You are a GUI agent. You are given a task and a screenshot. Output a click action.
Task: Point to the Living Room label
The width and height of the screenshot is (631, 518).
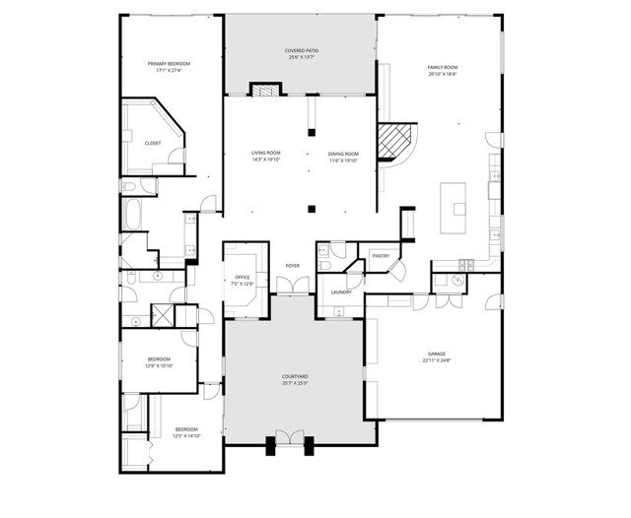266,156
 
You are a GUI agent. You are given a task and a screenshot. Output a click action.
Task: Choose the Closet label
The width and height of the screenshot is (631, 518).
153,144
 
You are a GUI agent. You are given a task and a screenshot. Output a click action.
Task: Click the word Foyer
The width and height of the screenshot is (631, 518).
293,266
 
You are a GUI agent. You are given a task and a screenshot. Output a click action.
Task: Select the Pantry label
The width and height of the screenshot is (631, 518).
381,257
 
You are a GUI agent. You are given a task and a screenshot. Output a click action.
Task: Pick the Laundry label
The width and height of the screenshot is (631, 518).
342,292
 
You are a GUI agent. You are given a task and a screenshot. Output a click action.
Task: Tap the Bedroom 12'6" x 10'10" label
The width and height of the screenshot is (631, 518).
160,361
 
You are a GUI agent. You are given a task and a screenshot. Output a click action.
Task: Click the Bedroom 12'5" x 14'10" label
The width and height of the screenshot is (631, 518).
187,431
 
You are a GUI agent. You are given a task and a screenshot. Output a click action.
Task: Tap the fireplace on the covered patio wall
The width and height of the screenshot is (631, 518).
263,91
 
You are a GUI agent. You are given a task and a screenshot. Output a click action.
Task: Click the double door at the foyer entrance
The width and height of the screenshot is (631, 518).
293,286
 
